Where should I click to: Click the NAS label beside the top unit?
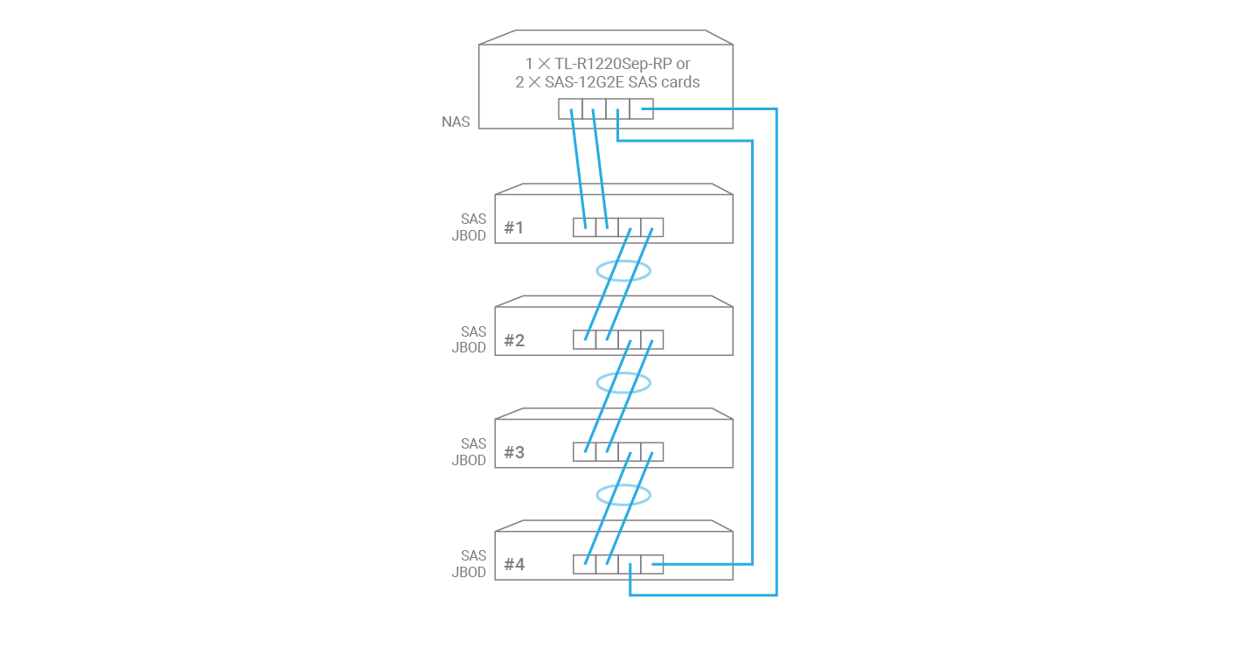click(456, 122)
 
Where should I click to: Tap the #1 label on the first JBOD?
click(514, 228)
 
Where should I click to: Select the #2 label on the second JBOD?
click(514, 340)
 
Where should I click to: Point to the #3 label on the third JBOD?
click(514, 452)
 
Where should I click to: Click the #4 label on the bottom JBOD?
click(514, 564)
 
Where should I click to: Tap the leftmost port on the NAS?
click(570, 109)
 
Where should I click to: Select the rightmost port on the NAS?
click(641, 109)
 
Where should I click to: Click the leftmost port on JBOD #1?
click(584, 227)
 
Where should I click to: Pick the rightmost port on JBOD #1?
click(652, 227)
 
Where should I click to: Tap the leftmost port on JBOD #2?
click(584, 340)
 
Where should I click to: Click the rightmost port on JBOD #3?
click(652, 452)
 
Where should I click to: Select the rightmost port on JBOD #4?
click(652, 564)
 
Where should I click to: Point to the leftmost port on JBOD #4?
click(584, 564)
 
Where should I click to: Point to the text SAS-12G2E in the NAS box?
click(584, 82)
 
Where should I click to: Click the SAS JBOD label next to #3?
click(470, 452)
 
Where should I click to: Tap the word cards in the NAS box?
click(680, 82)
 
